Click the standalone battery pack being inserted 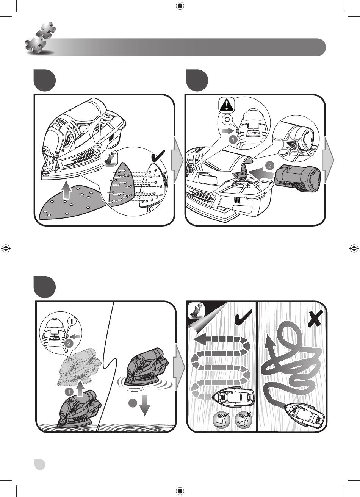pos(297,178)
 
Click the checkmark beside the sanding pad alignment pos(158,156)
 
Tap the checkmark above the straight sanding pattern pos(244,317)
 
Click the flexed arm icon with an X pos(244,419)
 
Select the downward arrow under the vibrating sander pos(144,405)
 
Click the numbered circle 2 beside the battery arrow pos(270,166)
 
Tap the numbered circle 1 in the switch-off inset pos(233,139)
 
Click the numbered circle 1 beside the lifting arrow pos(69,392)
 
